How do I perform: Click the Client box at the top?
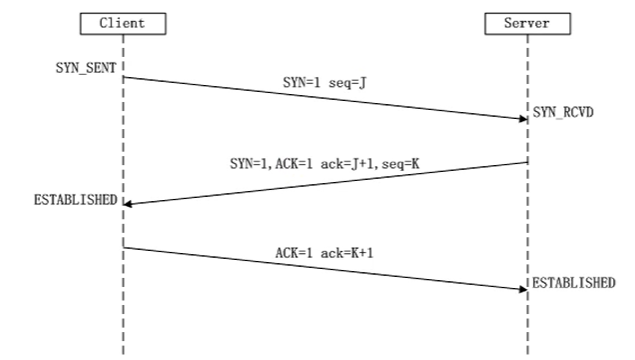(x=123, y=22)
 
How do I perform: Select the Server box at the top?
(x=527, y=22)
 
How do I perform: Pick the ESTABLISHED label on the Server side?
(x=573, y=282)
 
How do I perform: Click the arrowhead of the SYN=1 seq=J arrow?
(x=522, y=118)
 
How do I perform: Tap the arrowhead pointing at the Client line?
(x=129, y=203)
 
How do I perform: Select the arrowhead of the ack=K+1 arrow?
(x=522, y=288)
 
